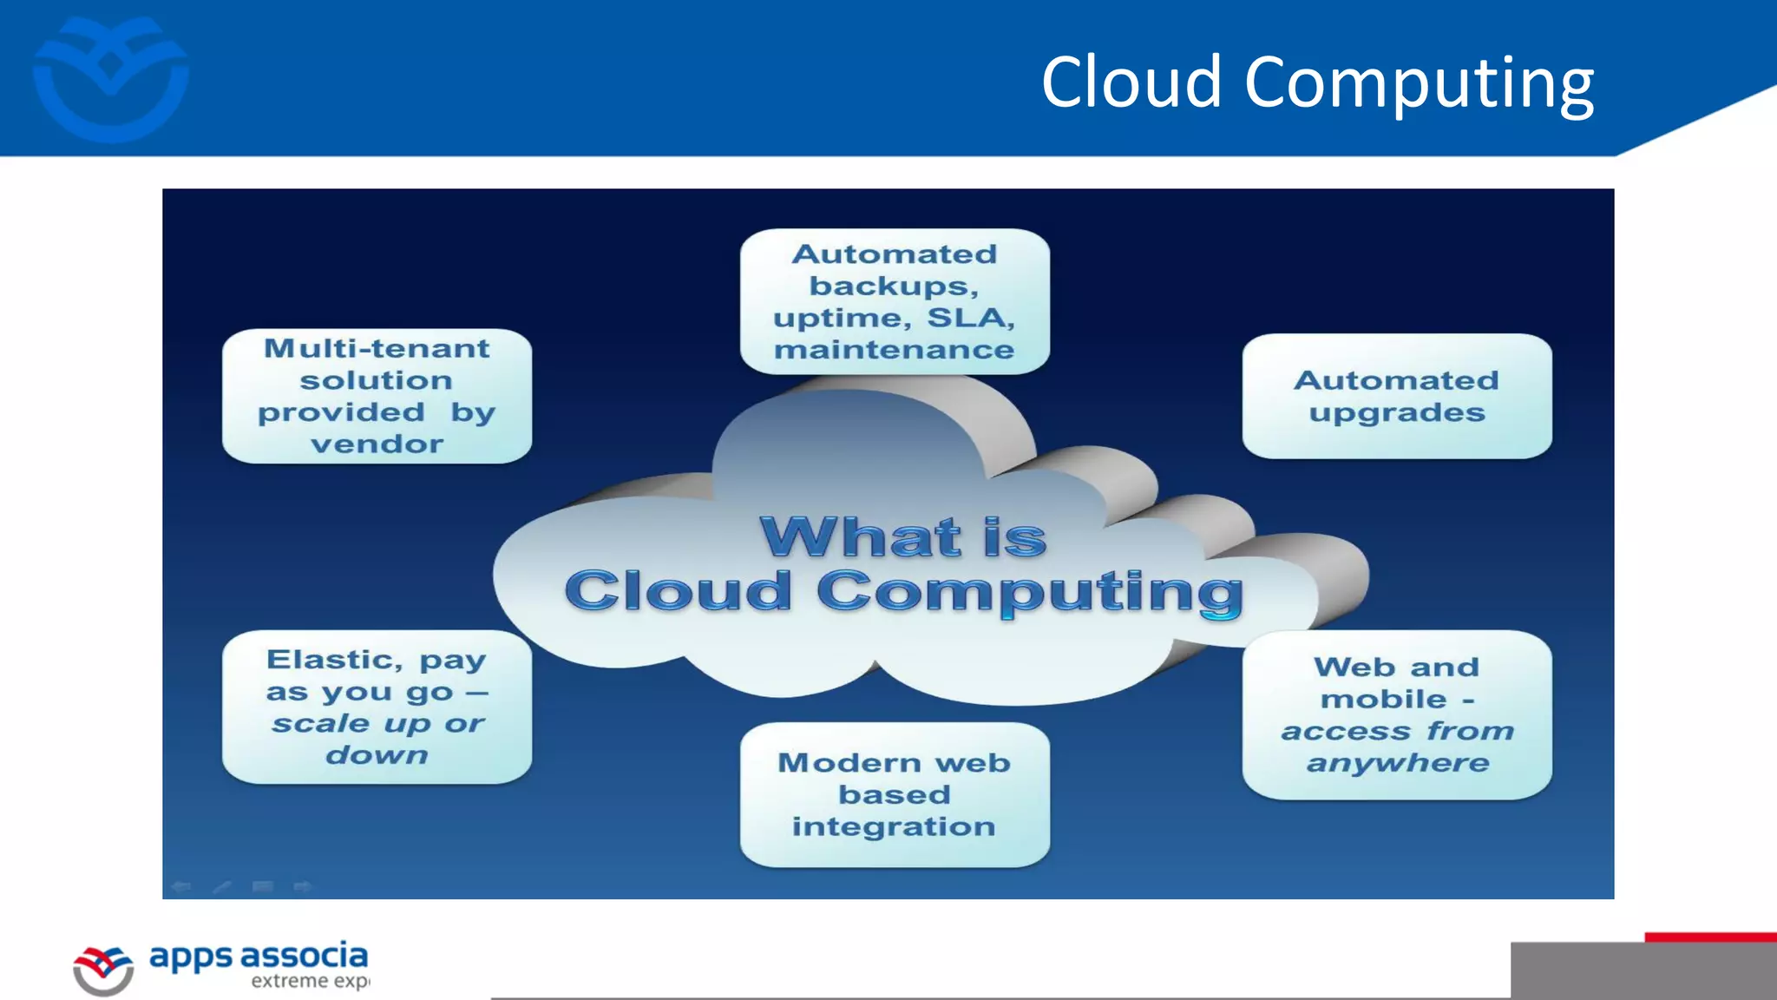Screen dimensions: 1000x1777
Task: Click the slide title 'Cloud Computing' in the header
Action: coord(1317,82)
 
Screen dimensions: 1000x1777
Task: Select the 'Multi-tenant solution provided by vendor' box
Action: coord(377,396)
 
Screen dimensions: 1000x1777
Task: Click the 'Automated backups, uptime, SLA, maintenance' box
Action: coord(895,301)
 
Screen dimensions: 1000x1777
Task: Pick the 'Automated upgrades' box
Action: coord(1397,396)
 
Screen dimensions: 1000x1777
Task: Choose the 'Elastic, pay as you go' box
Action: coord(377,707)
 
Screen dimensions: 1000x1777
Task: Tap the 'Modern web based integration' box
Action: coord(895,794)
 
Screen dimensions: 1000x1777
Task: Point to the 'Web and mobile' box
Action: coord(1397,714)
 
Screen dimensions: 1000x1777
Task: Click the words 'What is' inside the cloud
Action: coord(903,537)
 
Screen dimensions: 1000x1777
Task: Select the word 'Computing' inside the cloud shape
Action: coord(1030,592)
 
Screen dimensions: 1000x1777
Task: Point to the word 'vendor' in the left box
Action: coord(377,444)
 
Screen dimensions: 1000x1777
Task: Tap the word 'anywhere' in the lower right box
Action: coord(1398,764)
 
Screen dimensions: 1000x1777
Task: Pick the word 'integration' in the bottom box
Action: coord(894,827)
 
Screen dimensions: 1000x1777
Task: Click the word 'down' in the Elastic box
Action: coord(377,755)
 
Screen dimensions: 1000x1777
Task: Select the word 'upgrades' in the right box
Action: coord(1397,413)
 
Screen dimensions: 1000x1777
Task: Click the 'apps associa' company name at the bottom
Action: coord(259,957)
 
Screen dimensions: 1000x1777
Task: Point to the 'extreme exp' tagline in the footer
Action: coord(310,982)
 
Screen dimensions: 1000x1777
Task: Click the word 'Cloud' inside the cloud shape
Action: coord(679,592)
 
